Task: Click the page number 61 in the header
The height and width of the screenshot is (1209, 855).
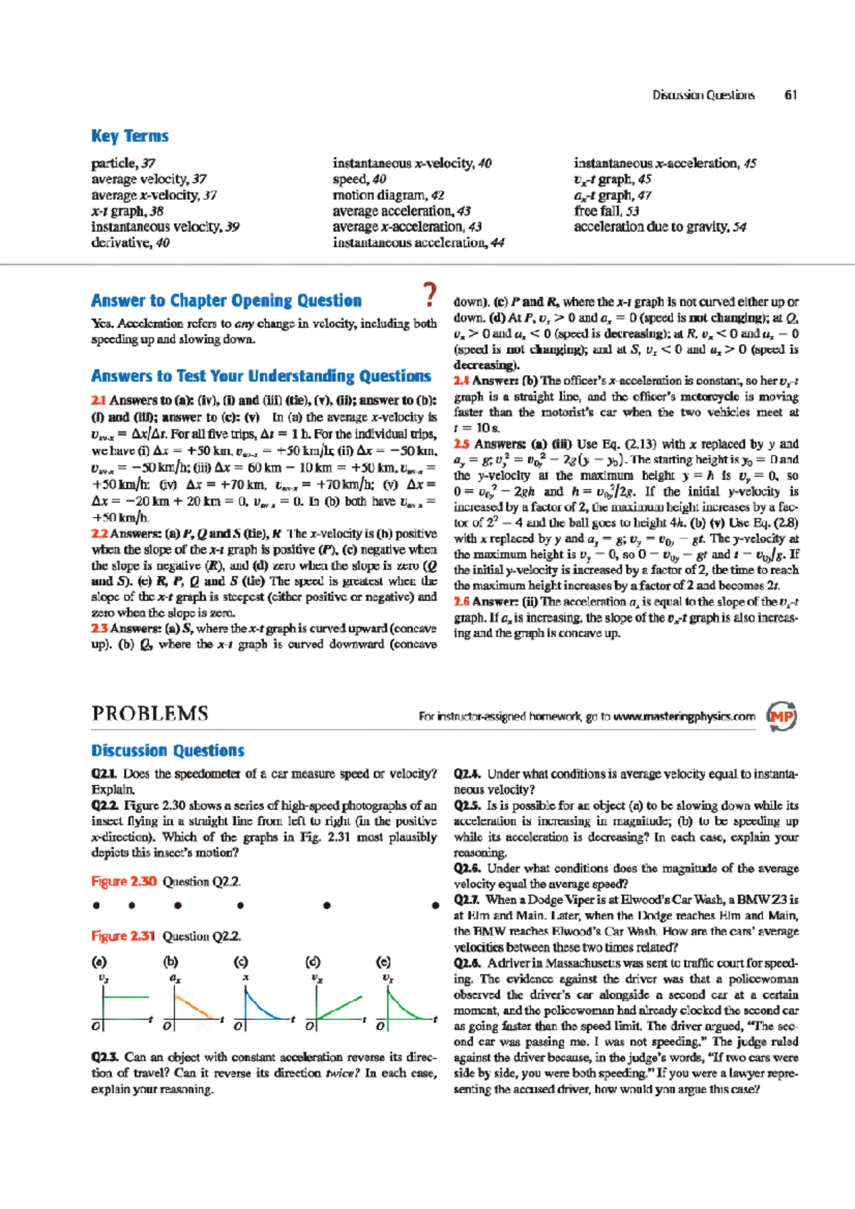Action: pos(790,95)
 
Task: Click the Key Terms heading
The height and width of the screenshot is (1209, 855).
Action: pos(130,136)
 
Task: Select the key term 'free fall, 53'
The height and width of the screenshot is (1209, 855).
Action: pos(606,211)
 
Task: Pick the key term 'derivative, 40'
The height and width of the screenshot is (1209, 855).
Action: pos(130,243)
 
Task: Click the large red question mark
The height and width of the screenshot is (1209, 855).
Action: pos(429,295)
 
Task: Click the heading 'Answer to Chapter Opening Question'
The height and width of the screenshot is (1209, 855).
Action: pos(226,300)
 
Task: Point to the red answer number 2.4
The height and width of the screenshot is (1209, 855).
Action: pos(462,381)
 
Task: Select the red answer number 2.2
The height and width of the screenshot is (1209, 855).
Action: pos(99,534)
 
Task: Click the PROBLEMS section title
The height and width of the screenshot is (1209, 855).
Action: pos(150,713)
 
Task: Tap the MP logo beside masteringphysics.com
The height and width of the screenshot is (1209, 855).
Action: pos(781,716)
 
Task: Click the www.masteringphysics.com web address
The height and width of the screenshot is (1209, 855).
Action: pos(684,716)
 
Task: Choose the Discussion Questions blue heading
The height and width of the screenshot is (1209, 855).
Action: pos(167,750)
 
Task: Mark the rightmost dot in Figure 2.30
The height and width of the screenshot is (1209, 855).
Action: pos(435,906)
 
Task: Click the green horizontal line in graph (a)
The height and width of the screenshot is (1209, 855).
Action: pos(126,997)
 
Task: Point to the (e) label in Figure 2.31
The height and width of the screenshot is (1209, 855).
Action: pos(383,962)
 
